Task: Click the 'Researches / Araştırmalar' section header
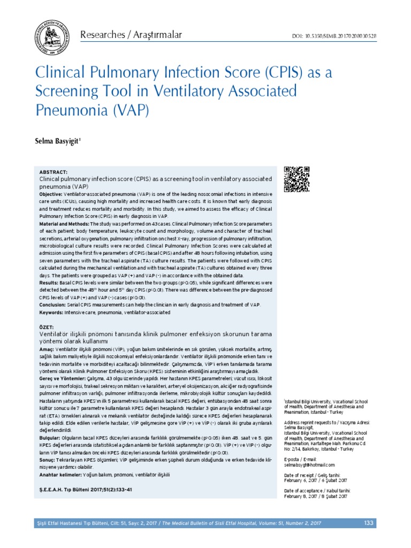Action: [131, 35]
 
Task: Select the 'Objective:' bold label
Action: [51, 193]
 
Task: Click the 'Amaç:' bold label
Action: [47, 348]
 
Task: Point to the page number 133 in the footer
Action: [368, 523]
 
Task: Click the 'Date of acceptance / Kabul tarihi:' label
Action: [317, 490]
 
